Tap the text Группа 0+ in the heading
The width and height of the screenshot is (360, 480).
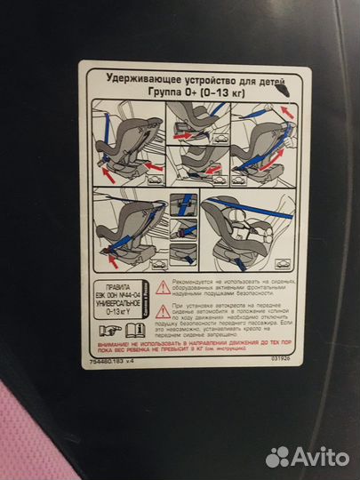[174, 90]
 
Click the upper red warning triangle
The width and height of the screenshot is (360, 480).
[163, 287]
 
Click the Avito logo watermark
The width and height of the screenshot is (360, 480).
[307, 456]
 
